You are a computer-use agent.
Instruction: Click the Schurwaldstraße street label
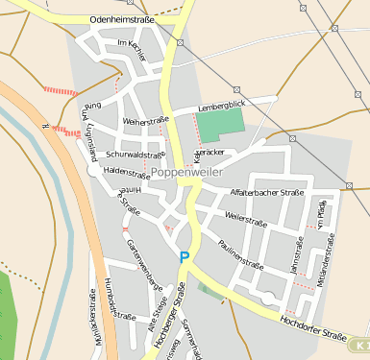point(135,154)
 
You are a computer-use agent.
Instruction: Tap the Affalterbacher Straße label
point(267,193)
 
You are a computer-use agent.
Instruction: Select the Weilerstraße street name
point(245,220)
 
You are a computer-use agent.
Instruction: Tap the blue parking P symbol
point(185,256)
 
